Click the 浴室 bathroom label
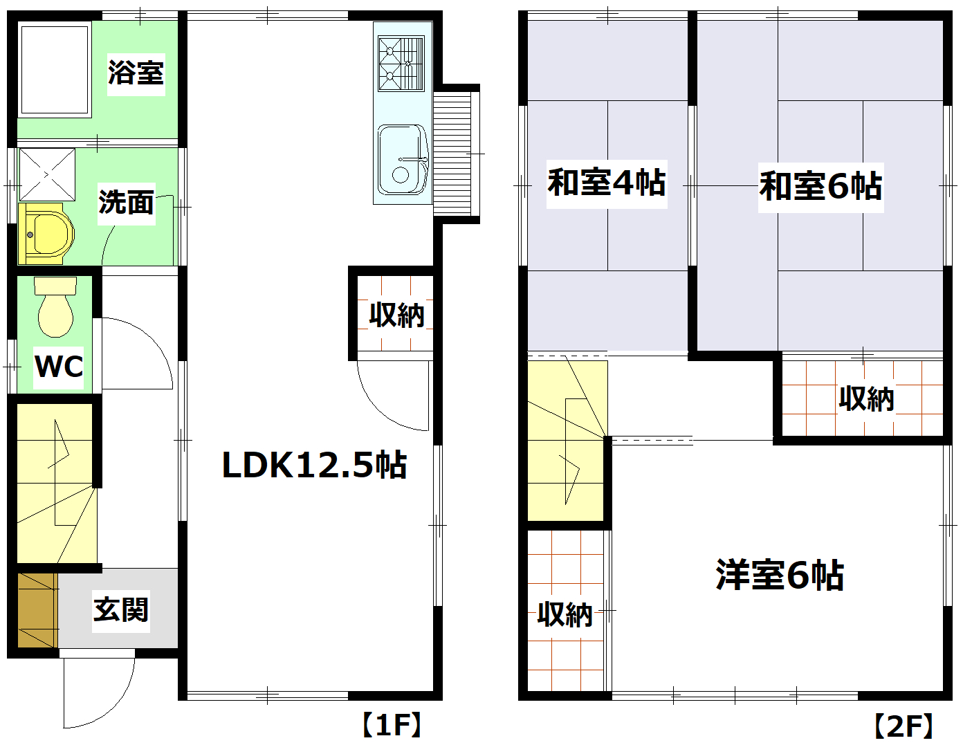pyautogui.click(x=136, y=73)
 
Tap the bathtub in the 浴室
pyautogui.click(x=55, y=68)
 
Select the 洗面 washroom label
pyautogui.click(x=126, y=203)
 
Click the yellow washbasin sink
pyautogui.click(x=47, y=234)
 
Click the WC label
pyautogui.click(x=59, y=367)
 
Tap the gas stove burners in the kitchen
pyautogui.click(x=401, y=64)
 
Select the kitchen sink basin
pyautogui.click(x=402, y=160)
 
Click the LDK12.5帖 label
pyautogui.click(x=314, y=465)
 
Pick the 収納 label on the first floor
pyautogui.click(x=396, y=315)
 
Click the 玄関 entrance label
pyautogui.click(x=121, y=609)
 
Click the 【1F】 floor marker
pyautogui.click(x=392, y=725)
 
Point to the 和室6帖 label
pyautogui.click(x=820, y=187)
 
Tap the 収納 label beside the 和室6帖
pyautogui.click(x=866, y=399)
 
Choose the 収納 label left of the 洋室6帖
pyautogui.click(x=565, y=614)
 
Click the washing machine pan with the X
pyautogui.click(x=46, y=174)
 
